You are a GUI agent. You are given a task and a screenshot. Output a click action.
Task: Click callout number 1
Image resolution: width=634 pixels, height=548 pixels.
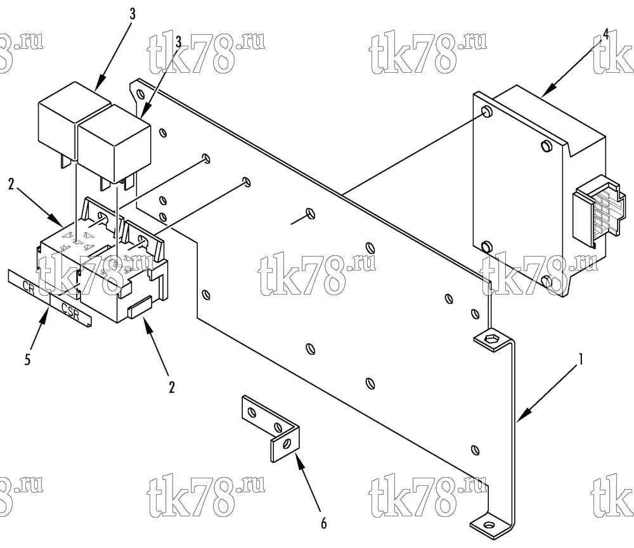point(581,359)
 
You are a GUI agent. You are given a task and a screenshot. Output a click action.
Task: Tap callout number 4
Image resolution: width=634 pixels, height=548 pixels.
point(605,34)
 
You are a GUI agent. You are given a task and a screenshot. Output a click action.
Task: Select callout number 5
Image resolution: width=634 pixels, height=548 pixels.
point(27,359)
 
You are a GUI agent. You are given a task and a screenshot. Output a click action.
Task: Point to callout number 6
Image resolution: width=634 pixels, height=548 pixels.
point(324,524)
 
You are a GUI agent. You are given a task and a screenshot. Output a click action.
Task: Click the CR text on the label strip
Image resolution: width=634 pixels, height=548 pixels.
point(29,288)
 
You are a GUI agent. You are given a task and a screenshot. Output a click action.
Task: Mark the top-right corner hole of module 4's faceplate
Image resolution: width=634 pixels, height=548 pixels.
point(547,146)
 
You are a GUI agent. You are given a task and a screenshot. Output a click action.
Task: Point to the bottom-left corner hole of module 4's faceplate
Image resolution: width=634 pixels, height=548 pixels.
point(488,246)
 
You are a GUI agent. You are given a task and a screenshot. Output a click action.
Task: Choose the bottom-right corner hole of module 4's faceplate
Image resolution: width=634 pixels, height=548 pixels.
point(547,281)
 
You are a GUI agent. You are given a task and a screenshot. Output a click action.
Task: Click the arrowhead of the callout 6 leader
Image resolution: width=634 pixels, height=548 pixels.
point(300,458)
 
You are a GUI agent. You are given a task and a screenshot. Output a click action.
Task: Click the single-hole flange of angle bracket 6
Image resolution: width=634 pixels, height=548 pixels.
point(285,443)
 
